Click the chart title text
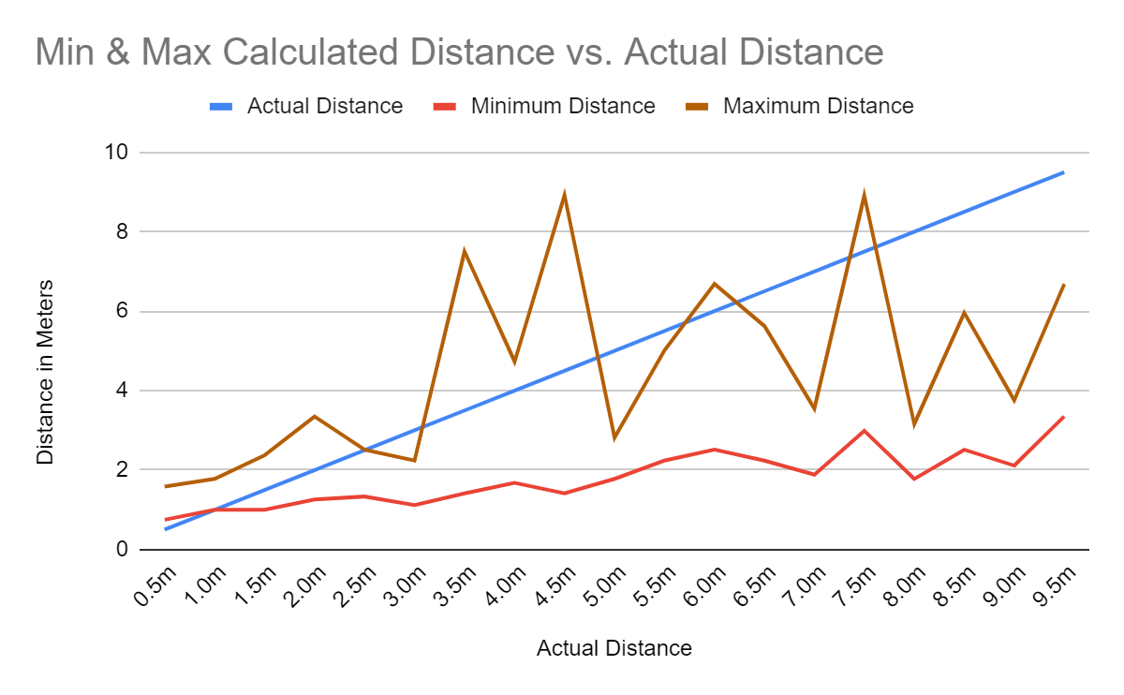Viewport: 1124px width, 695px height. tap(459, 52)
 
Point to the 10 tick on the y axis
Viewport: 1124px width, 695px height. tap(118, 153)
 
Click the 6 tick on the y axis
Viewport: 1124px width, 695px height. tap(123, 311)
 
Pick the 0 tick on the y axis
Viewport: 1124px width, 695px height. tap(123, 550)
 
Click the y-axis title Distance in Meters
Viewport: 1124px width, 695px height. tap(45, 372)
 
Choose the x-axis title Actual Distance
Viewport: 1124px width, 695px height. tap(614, 648)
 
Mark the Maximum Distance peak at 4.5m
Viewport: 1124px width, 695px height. tap(564, 195)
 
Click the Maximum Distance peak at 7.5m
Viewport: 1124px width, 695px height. tap(864, 195)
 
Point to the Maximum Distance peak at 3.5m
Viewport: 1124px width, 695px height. tap(464, 251)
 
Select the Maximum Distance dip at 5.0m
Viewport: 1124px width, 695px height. tap(614, 437)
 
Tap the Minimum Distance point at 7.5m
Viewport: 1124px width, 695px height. tap(864, 431)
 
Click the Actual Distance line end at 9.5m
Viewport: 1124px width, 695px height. tap(1063, 172)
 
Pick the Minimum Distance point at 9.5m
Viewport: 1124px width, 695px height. tap(1063, 417)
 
